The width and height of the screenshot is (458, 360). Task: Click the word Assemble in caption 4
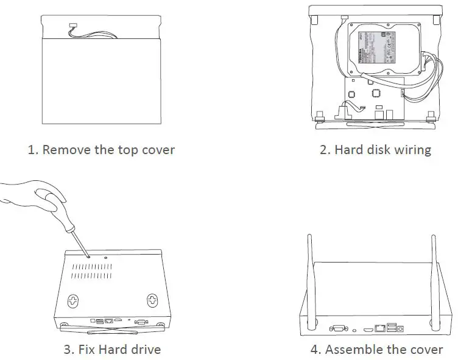355,350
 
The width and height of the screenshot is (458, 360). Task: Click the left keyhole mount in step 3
72,300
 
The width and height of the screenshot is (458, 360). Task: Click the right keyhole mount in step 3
151,300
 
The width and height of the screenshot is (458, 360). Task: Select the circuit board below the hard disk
372,97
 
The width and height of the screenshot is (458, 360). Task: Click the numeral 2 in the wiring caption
324,150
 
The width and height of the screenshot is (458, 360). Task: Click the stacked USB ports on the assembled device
390,326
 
